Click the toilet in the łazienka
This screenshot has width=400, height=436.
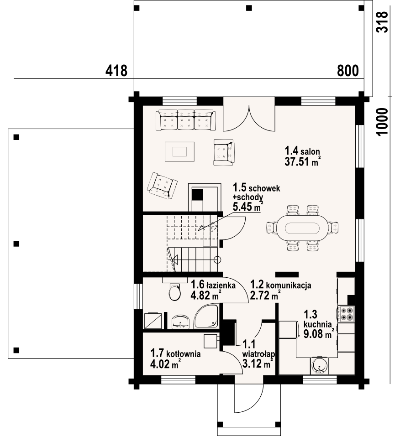(175, 291)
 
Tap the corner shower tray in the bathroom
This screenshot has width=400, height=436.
(206, 317)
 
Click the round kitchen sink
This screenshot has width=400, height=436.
(320, 366)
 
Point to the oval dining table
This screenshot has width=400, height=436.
(302, 228)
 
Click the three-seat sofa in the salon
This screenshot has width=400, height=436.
(186, 120)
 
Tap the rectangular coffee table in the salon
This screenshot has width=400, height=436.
(179, 151)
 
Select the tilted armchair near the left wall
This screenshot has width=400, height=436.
(162, 186)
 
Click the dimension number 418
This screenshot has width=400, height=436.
(116, 71)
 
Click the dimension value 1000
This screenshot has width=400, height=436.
(383, 122)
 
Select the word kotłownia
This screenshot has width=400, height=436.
(184, 354)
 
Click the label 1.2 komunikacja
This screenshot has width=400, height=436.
(280, 285)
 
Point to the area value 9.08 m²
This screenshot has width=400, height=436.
(318, 334)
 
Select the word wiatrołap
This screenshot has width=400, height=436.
(258, 354)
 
